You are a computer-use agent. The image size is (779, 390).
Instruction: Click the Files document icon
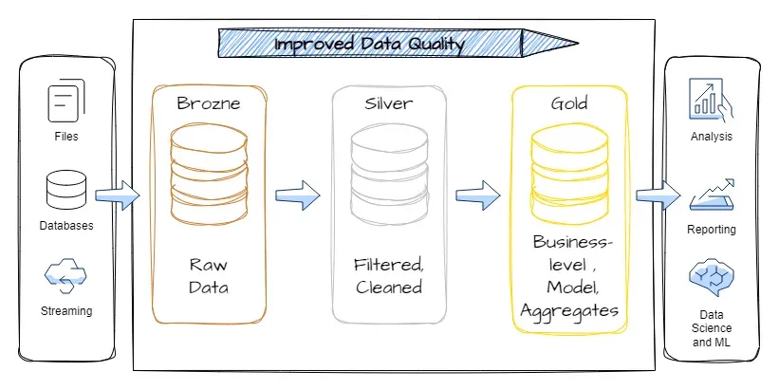click(66, 102)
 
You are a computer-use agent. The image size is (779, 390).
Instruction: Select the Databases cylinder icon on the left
click(66, 191)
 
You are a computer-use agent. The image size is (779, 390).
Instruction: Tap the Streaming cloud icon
click(65, 275)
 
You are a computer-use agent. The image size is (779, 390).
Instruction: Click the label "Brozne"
click(209, 103)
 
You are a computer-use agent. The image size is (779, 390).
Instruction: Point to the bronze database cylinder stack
click(209, 175)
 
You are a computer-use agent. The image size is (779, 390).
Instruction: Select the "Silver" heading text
click(388, 103)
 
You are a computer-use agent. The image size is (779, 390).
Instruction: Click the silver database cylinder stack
click(389, 175)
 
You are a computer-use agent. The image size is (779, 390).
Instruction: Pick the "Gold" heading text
click(569, 103)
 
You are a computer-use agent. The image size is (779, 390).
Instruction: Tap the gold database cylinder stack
click(569, 175)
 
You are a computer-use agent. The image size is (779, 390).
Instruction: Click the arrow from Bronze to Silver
click(298, 195)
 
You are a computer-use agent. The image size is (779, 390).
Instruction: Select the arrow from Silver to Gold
click(478, 195)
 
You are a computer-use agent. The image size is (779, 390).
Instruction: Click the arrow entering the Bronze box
click(118, 195)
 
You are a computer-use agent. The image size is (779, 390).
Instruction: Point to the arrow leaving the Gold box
click(658, 195)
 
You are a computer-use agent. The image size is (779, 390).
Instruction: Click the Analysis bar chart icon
click(711, 100)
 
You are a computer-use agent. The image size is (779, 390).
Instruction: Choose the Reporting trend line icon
click(712, 195)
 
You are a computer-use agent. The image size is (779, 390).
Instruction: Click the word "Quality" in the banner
click(436, 45)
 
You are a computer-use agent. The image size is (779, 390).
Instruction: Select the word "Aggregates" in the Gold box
click(569, 312)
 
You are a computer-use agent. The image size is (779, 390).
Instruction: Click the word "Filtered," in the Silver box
click(388, 265)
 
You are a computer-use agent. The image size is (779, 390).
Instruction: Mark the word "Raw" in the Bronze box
click(208, 265)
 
